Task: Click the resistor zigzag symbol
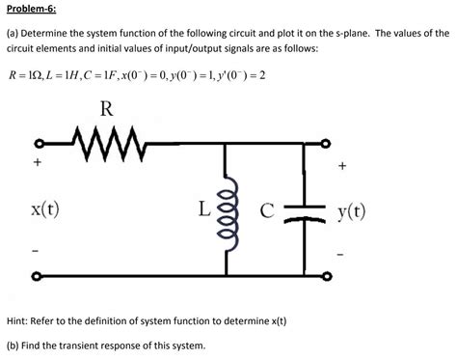(x=108, y=145)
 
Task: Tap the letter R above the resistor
(x=105, y=110)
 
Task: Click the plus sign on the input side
(x=36, y=164)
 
